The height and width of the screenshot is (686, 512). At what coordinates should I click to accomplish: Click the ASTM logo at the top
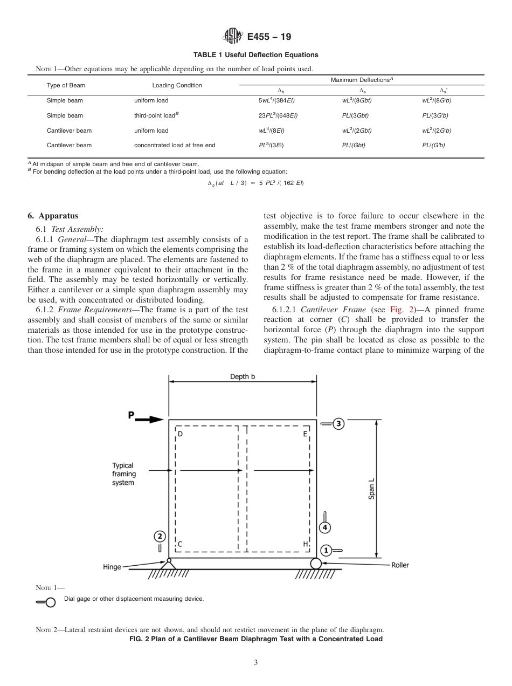233,37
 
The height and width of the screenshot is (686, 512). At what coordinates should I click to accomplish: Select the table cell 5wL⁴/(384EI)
276,100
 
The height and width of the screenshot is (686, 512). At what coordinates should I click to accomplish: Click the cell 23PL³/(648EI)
278,115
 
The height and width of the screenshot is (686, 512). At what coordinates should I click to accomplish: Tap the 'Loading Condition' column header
177,85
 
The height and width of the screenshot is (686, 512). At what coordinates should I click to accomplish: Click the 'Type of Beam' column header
66,85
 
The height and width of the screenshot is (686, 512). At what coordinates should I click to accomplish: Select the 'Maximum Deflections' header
362,80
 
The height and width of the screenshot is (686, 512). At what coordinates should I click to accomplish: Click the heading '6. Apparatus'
53,216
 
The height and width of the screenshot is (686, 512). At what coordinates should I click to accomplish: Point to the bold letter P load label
131,415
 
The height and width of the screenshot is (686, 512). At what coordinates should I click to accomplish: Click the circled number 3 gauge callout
338,423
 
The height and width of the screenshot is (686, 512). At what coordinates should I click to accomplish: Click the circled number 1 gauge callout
326,550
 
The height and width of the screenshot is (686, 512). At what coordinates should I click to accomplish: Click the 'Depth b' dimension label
243,376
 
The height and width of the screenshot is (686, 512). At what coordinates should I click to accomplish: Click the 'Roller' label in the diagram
400,565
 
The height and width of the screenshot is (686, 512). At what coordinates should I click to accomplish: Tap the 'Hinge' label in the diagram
112,567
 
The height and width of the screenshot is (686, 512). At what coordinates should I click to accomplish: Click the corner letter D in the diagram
180,434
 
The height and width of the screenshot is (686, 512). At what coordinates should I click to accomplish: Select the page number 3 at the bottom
256,663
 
